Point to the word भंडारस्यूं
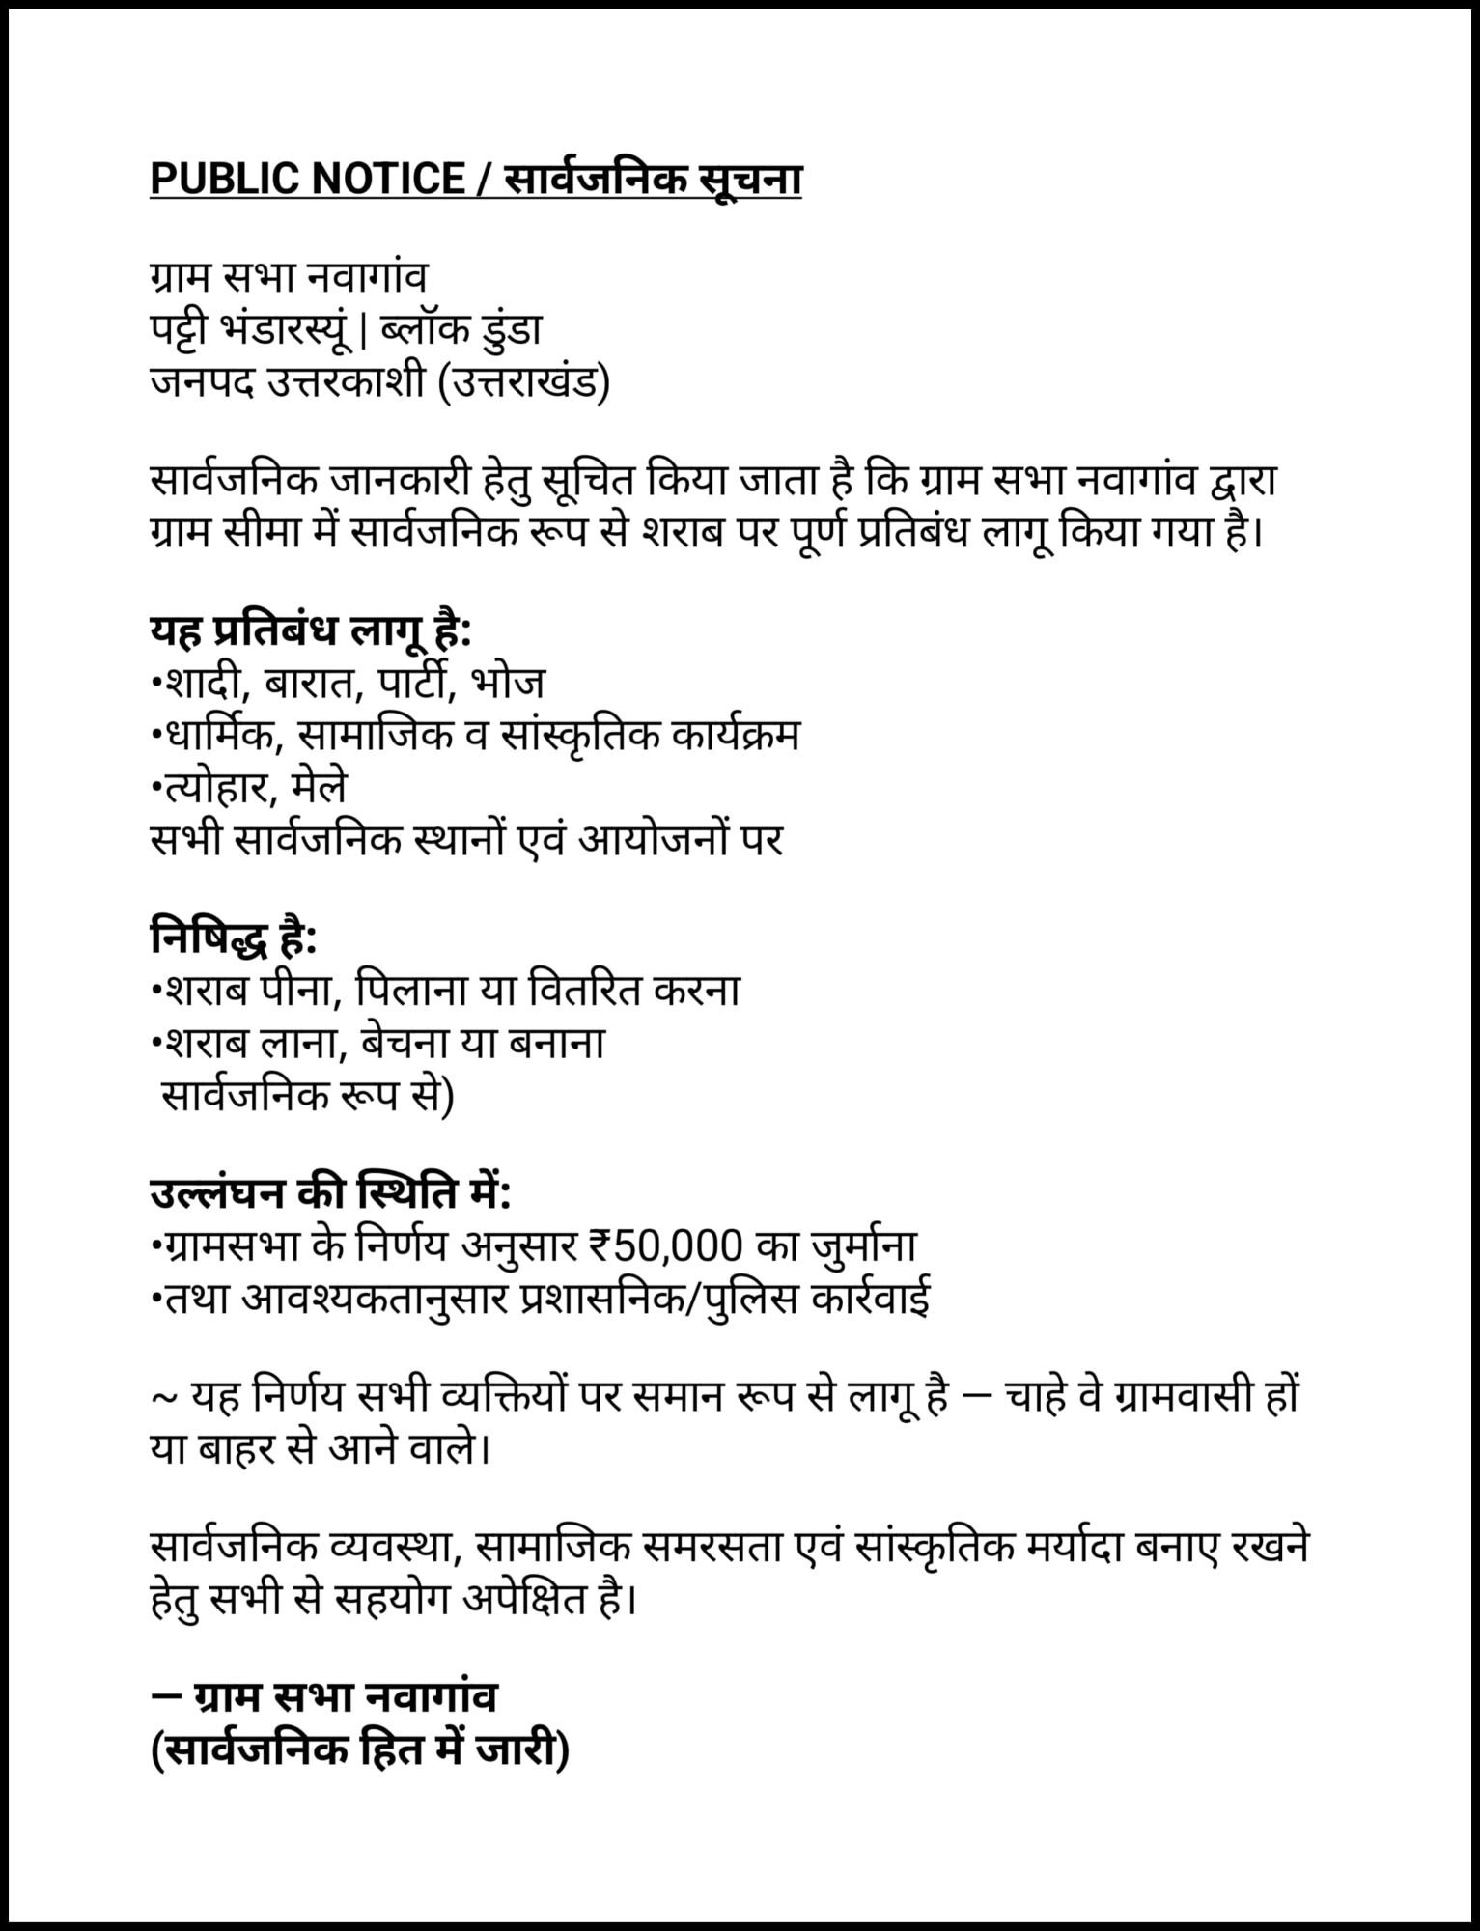[x=288, y=330]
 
